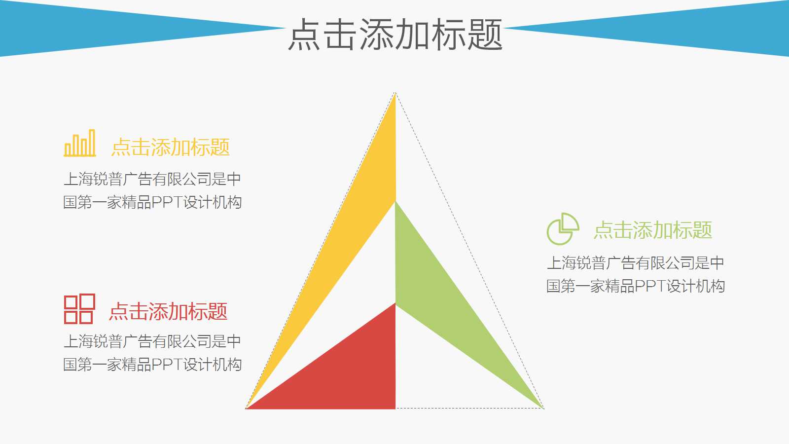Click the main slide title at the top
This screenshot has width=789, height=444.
[x=395, y=35]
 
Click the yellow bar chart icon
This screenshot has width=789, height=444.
[x=79, y=144]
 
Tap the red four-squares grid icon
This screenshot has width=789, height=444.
[x=79, y=309]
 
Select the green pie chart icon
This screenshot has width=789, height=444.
[x=562, y=229]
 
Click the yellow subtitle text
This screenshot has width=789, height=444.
[x=171, y=148]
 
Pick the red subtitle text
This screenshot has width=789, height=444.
[x=168, y=312]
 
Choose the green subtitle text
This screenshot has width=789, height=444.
[x=653, y=230]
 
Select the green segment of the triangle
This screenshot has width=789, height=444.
[x=434, y=296]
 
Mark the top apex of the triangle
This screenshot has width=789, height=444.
[x=395, y=93]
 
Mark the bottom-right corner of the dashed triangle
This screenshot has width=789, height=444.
[x=543, y=408]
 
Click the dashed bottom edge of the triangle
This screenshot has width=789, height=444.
[x=468, y=408]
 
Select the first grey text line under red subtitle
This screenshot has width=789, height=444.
[x=152, y=341]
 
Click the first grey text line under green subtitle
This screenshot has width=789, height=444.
[x=635, y=263]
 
